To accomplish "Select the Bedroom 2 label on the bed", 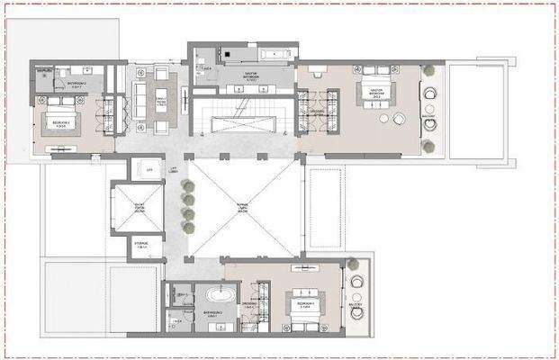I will coord(61,124).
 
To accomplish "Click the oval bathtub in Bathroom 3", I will coord(219,295).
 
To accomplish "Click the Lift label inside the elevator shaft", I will coord(149,166).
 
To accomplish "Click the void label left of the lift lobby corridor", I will coord(141,206).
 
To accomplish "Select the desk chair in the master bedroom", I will coord(383,117).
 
